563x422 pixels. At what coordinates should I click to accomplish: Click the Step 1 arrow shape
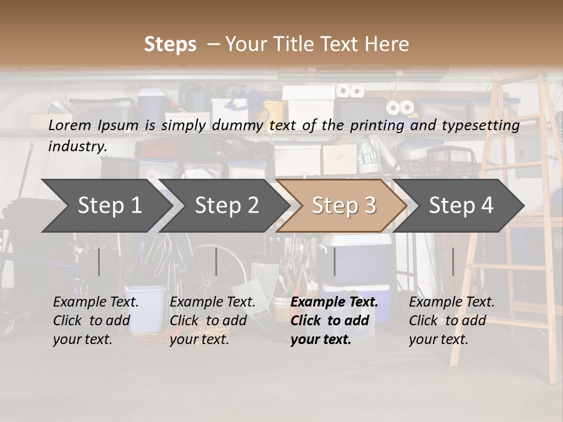[x=108, y=206]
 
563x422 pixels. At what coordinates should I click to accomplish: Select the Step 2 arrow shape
[x=226, y=206]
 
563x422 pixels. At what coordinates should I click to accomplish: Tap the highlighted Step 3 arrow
[x=343, y=206]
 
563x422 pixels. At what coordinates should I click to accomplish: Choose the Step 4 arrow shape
[x=461, y=206]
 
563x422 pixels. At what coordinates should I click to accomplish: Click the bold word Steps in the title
[x=170, y=44]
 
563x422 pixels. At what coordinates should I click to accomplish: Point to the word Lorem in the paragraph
[x=70, y=125]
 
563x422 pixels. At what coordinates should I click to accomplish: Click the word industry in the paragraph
[x=77, y=147]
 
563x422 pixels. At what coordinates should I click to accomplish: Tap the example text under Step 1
[x=96, y=321]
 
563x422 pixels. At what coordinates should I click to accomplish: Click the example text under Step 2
[x=212, y=321]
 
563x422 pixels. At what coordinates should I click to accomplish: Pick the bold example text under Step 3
[x=334, y=321]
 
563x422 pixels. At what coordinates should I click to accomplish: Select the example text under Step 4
[x=452, y=321]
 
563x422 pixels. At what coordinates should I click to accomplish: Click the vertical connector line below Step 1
[x=99, y=261]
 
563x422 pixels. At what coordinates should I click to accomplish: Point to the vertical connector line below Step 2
[x=216, y=261]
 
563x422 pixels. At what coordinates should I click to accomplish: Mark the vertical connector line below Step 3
[x=334, y=261]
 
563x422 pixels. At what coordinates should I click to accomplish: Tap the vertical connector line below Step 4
[x=453, y=261]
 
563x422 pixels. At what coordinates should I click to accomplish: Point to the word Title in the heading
[x=324, y=44]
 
